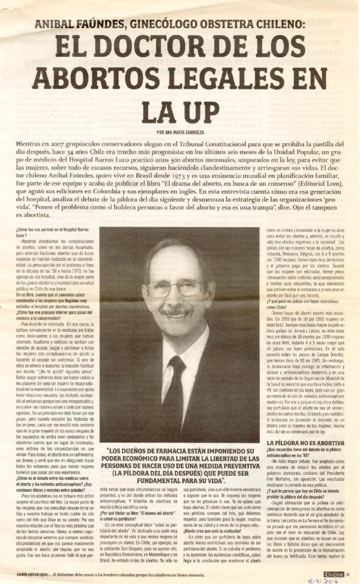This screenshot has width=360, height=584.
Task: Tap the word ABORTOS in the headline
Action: [97, 79]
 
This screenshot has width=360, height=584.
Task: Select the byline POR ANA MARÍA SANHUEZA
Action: [180, 132]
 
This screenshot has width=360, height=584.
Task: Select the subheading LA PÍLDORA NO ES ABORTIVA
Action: [306, 443]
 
